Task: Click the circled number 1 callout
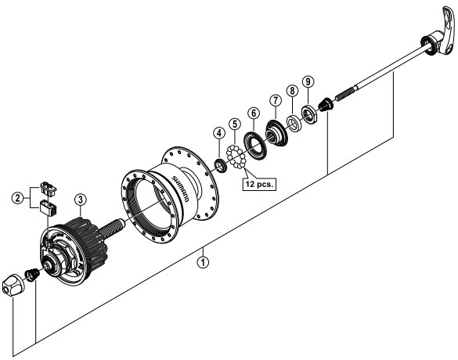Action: click(x=203, y=262)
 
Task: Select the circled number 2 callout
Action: click(x=18, y=198)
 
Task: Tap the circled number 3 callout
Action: click(x=81, y=200)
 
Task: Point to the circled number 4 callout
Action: click(x=219, y=133)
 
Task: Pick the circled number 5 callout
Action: click(x=235, y=124)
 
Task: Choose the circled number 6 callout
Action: click(x=253, y=113)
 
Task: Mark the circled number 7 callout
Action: click(x=275, y=100)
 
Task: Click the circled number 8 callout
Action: click(x=292, y=90)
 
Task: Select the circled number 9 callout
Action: click(x=308, y=81)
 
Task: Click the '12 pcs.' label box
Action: click(x=259, y=184)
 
